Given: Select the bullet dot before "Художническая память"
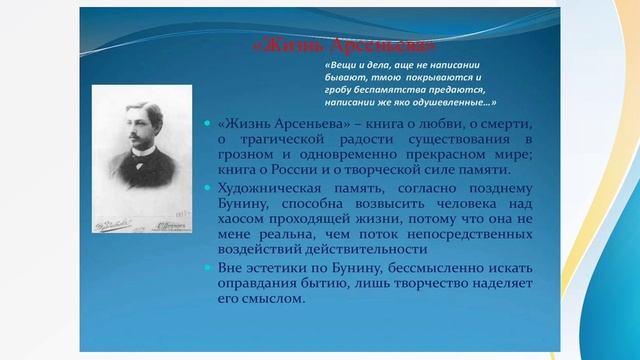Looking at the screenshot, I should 207,187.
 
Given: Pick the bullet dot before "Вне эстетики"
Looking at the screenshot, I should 207,267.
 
